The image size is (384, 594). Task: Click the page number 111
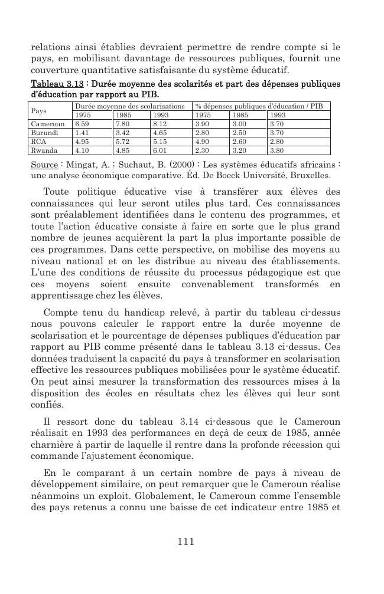tap(186, 542)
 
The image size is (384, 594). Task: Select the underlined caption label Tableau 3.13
tap(57, 83)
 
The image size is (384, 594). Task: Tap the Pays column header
tap(38, 110)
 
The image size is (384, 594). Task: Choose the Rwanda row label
tap(43, 150)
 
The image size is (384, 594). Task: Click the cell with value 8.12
tap(160, 124)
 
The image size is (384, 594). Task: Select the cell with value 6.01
tap(160, 150)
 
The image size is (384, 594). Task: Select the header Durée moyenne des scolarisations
tap(129, 106)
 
